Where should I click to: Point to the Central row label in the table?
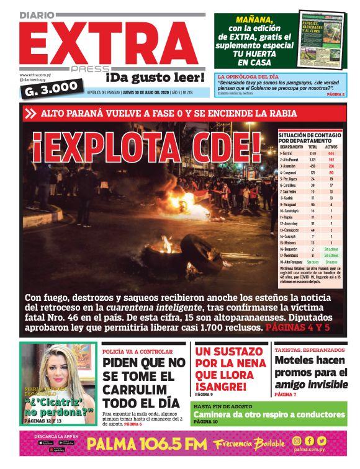point(287,153)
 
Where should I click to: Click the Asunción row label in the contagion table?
point(289,166)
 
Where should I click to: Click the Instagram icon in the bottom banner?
point(297,441)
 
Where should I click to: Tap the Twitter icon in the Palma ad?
point(322,441)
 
